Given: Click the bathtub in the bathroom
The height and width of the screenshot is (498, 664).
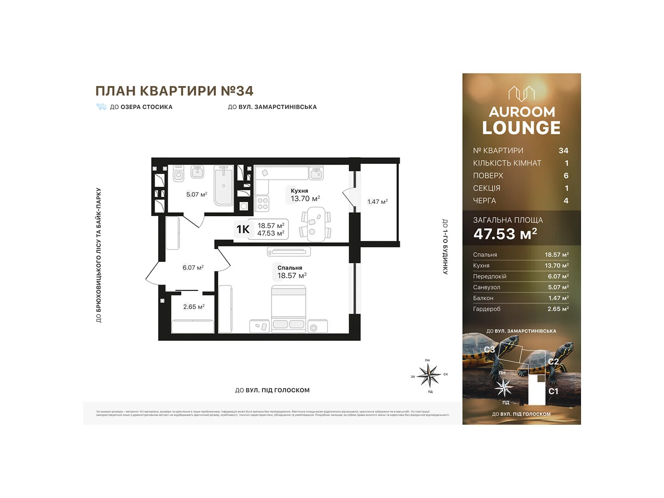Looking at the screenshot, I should pos(224,186).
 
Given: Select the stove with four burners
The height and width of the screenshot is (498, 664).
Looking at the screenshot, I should pos(262,203).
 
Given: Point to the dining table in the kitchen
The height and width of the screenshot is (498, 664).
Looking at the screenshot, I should pos(316,224).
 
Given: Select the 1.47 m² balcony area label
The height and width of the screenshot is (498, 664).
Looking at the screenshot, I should pos(377,202).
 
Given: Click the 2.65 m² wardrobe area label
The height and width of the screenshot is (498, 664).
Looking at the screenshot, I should pos(193,307).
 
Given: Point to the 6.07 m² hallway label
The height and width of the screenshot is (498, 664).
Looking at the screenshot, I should pos(193,268).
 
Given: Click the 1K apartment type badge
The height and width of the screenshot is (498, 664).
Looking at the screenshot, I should pos(243,229).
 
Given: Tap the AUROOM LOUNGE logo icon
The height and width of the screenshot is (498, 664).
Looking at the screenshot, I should pos(521,93).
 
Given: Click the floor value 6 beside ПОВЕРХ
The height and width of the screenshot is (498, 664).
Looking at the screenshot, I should pos(566,176).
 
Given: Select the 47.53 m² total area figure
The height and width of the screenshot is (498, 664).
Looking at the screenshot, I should pos(505,234).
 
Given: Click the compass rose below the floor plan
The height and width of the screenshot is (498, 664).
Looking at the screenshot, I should pos(429,375).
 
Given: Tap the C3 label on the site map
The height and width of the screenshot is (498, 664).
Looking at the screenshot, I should pos(489,350).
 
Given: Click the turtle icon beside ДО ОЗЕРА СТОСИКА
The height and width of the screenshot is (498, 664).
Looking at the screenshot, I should pos(101,107).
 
